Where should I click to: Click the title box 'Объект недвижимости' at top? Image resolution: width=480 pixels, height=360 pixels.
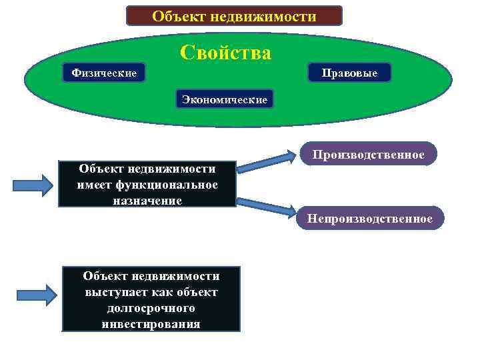pyautogui.click(x=234, y=15)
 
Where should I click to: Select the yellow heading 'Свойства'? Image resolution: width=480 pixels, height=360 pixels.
pyautogui.click(x=225, y=53)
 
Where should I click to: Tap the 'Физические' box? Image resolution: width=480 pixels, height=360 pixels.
pyautogui.click(x=103, y=72)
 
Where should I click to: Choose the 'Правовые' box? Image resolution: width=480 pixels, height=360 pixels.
pyautogui.click(x=349, y=73)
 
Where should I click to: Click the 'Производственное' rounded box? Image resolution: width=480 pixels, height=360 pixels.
pyautogui.click(x=368, y=155)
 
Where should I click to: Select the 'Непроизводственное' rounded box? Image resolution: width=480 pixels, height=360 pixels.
pyautogui.click(x=369, y=219)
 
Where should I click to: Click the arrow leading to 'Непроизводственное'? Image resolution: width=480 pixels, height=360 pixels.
pyautogui.click(x=267, y=207)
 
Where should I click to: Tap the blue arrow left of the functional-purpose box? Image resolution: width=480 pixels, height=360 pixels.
pyautogui.click(x=33, y=185)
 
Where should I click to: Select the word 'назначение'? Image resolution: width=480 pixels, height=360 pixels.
pyautogui.click(x=148, y=199)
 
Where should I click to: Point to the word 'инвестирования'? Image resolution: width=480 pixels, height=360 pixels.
pyautogui.click(x=151, y=324)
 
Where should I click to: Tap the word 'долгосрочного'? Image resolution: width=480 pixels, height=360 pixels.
pyautogui.click(x=151, y=308)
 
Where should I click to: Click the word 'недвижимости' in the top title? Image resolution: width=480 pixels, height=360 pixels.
pyautogui.click(x=273, y=15)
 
